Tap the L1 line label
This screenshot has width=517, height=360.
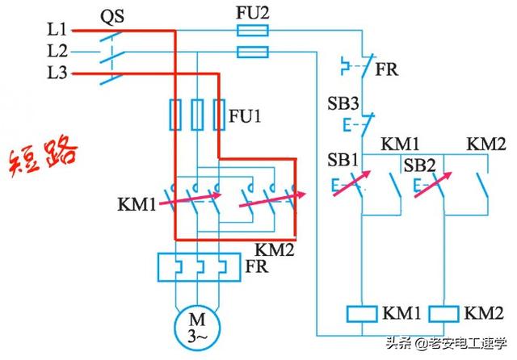(57, 29)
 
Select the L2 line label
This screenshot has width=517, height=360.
(57, 51)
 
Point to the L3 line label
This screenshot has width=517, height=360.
(57, 73)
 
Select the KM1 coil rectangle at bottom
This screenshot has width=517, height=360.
(361, 312)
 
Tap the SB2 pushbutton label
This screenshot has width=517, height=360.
(419, 165)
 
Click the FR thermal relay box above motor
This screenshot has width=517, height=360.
(195, 266)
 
